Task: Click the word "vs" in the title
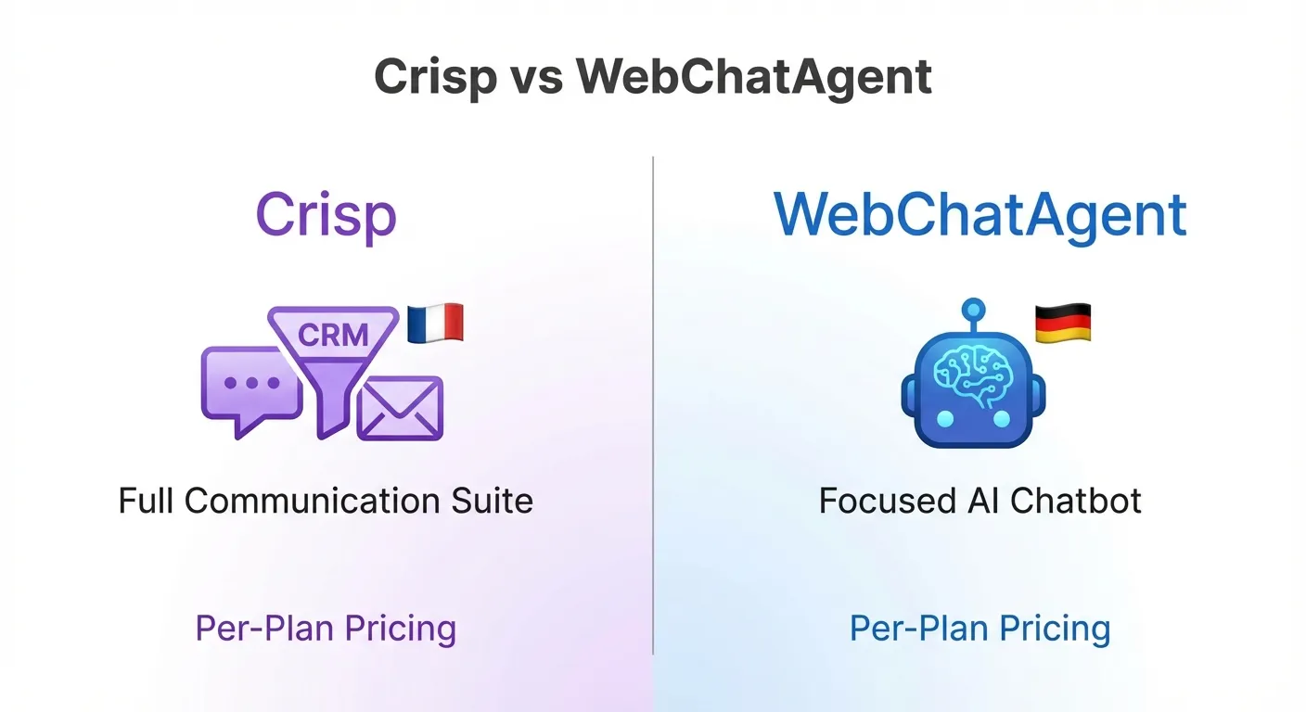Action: point(537,76)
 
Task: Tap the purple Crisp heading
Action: point(326,215)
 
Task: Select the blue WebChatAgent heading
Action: point(980,215)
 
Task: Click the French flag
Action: point(435,323)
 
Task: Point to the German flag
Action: point(1062,324)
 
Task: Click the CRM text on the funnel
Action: point(333,334)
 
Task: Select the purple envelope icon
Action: point(400,407)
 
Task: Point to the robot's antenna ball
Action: point(973,309)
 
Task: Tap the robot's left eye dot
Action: point(944,419)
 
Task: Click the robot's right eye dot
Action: point(1001,419)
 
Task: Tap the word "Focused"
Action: point(880,502)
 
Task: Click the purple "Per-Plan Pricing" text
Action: point(326,629)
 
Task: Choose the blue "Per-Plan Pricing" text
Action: point(979,629)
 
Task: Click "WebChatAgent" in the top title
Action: point(753,76)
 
